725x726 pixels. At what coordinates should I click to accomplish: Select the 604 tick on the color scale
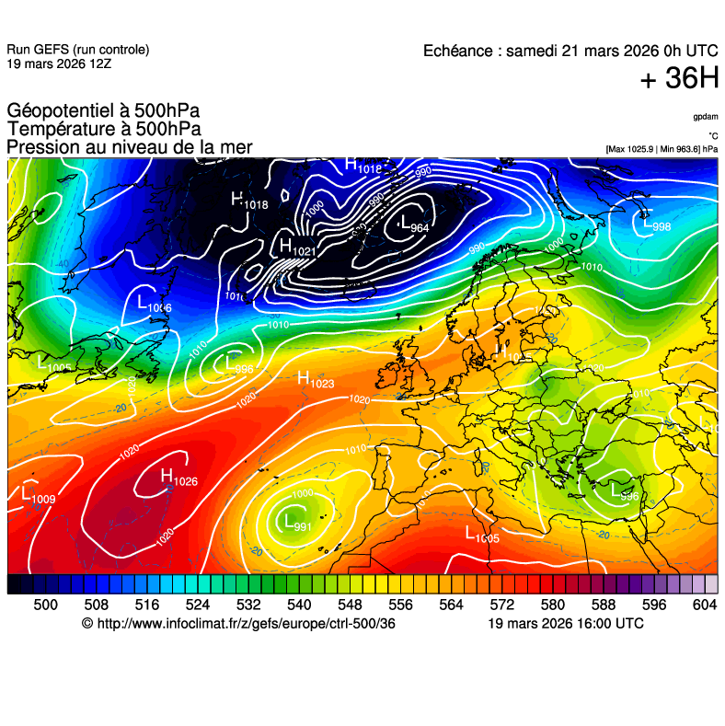pos(704,604)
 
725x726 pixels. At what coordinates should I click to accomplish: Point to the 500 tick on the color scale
pos(45,604)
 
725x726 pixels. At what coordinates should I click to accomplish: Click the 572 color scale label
pos(501,604)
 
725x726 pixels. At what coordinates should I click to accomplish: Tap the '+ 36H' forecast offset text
pos(678,80)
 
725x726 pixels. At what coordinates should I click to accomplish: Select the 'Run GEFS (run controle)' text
pos(77,50)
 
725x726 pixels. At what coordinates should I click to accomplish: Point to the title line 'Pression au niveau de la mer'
pos(129,147)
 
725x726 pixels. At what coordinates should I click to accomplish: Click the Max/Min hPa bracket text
pos(662,148)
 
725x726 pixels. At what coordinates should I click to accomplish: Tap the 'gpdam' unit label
pos(706,117)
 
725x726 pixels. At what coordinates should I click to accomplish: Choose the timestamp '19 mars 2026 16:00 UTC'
pos(565,623)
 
